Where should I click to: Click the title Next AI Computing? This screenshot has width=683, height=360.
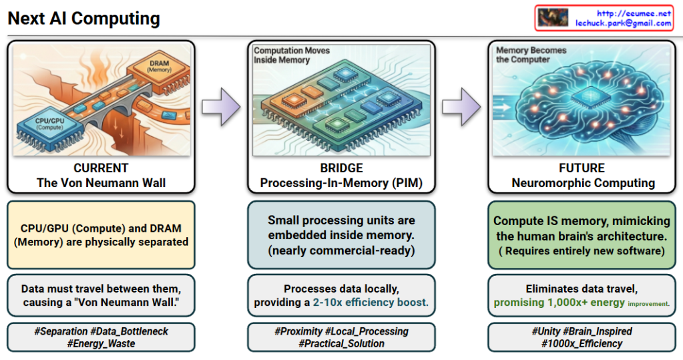point(83,18)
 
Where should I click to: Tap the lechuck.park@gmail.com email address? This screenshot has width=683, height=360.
point(624,23)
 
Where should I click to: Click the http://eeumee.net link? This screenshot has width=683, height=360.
point(634,13)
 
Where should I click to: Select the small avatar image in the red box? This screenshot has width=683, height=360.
point(552,17)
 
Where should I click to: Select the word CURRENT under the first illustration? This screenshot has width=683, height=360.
point(101,168)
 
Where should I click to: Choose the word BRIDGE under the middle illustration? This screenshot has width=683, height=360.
point(341,168)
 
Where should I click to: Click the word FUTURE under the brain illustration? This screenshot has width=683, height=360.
point(582,168)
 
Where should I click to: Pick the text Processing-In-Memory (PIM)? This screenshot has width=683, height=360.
point(341,183)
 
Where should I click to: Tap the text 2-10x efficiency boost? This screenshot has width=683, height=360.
point(370,303)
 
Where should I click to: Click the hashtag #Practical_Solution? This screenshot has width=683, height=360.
point(341,343)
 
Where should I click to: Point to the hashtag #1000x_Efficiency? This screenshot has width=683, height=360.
point(582,343)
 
